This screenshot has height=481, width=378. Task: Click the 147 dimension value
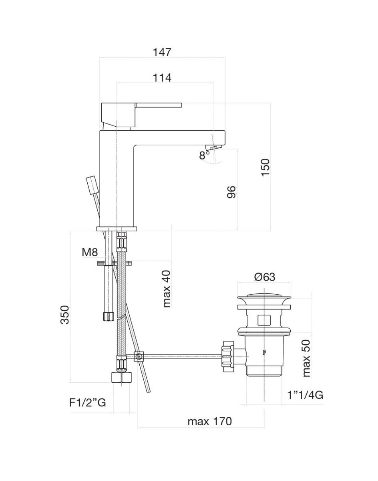[162, 52]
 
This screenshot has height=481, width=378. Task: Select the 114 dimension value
[162, 78]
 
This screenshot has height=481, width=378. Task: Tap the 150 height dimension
[265, 168]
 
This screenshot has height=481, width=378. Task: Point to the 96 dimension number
[231, 192]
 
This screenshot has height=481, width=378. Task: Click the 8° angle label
[205, 155]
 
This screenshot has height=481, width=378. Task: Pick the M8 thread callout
[90, 252]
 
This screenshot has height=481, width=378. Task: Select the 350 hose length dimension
[66, 315]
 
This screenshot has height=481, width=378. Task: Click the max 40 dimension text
[167, 289]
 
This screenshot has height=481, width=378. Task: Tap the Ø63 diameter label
[265, 277]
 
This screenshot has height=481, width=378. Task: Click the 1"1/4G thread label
[305, 396]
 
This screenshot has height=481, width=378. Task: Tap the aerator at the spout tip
[213, 147]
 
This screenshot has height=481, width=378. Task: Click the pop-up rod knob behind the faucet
[92, 185]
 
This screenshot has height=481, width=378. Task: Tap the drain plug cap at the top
[264, 299]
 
